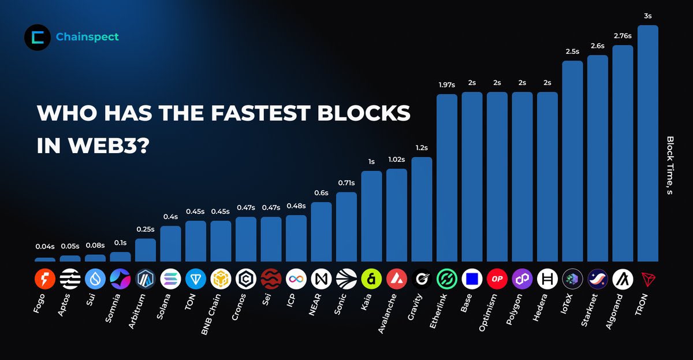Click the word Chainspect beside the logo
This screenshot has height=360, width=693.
click(87, 37)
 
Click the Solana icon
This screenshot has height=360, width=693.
click(170, 279)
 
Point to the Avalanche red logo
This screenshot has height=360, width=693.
click(397, 279)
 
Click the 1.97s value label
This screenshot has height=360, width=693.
click(446, 85)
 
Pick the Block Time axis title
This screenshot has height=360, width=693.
click(670, 165)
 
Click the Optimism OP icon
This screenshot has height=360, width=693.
click(497, 279)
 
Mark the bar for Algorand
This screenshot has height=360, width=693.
click(623, 153)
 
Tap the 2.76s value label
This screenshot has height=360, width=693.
click(623, 36)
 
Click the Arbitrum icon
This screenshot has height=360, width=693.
click(145, 279)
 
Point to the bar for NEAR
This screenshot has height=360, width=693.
click(321, 232)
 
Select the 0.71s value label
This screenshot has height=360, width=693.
click(346, 183)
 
